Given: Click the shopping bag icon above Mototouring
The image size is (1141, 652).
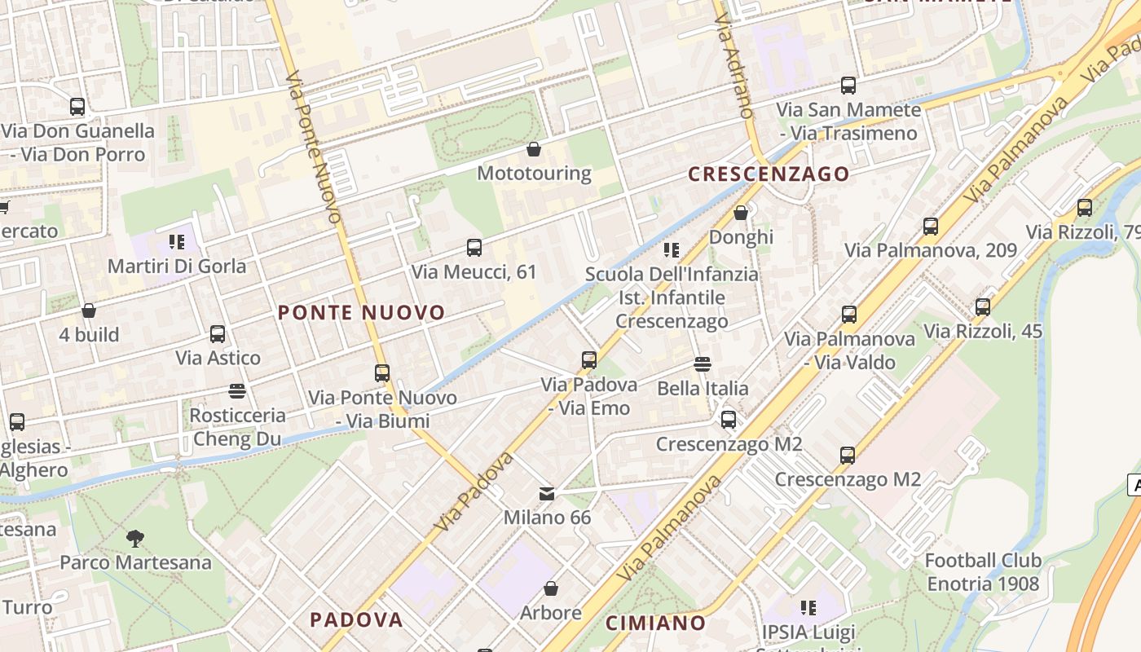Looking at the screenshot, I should [533, 149].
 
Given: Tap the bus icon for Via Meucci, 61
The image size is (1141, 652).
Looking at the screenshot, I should [474, 248].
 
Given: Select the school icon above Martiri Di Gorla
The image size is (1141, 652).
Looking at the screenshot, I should [177, 242].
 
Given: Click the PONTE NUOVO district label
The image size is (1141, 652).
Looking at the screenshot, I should [361, 313].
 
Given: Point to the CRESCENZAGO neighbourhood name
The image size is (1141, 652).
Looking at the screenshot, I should [768, 174].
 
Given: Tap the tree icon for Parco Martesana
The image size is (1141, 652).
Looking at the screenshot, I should [135, 539].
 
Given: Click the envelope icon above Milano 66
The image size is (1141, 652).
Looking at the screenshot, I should [547, 494].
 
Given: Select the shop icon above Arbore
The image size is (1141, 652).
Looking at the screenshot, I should [551, 588].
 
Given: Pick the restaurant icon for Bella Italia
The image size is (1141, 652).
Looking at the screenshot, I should [703, 364].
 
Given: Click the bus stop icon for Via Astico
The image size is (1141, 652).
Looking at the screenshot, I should [218, 334].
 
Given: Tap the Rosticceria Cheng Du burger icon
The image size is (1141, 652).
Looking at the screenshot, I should [237, 392].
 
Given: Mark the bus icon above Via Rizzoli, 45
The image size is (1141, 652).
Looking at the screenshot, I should [983, 307].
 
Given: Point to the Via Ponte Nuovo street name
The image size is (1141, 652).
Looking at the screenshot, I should [314, 147].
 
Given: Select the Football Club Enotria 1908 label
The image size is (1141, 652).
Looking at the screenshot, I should [983, 572].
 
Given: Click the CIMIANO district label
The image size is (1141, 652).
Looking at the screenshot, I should [655, 623].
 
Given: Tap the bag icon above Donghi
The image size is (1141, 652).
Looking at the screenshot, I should [740, 214].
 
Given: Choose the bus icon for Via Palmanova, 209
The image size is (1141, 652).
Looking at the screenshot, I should [931, 227].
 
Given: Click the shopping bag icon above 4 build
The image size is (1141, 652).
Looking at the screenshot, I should [89, 311].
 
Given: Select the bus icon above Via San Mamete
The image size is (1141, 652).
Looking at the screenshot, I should [848, 86].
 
